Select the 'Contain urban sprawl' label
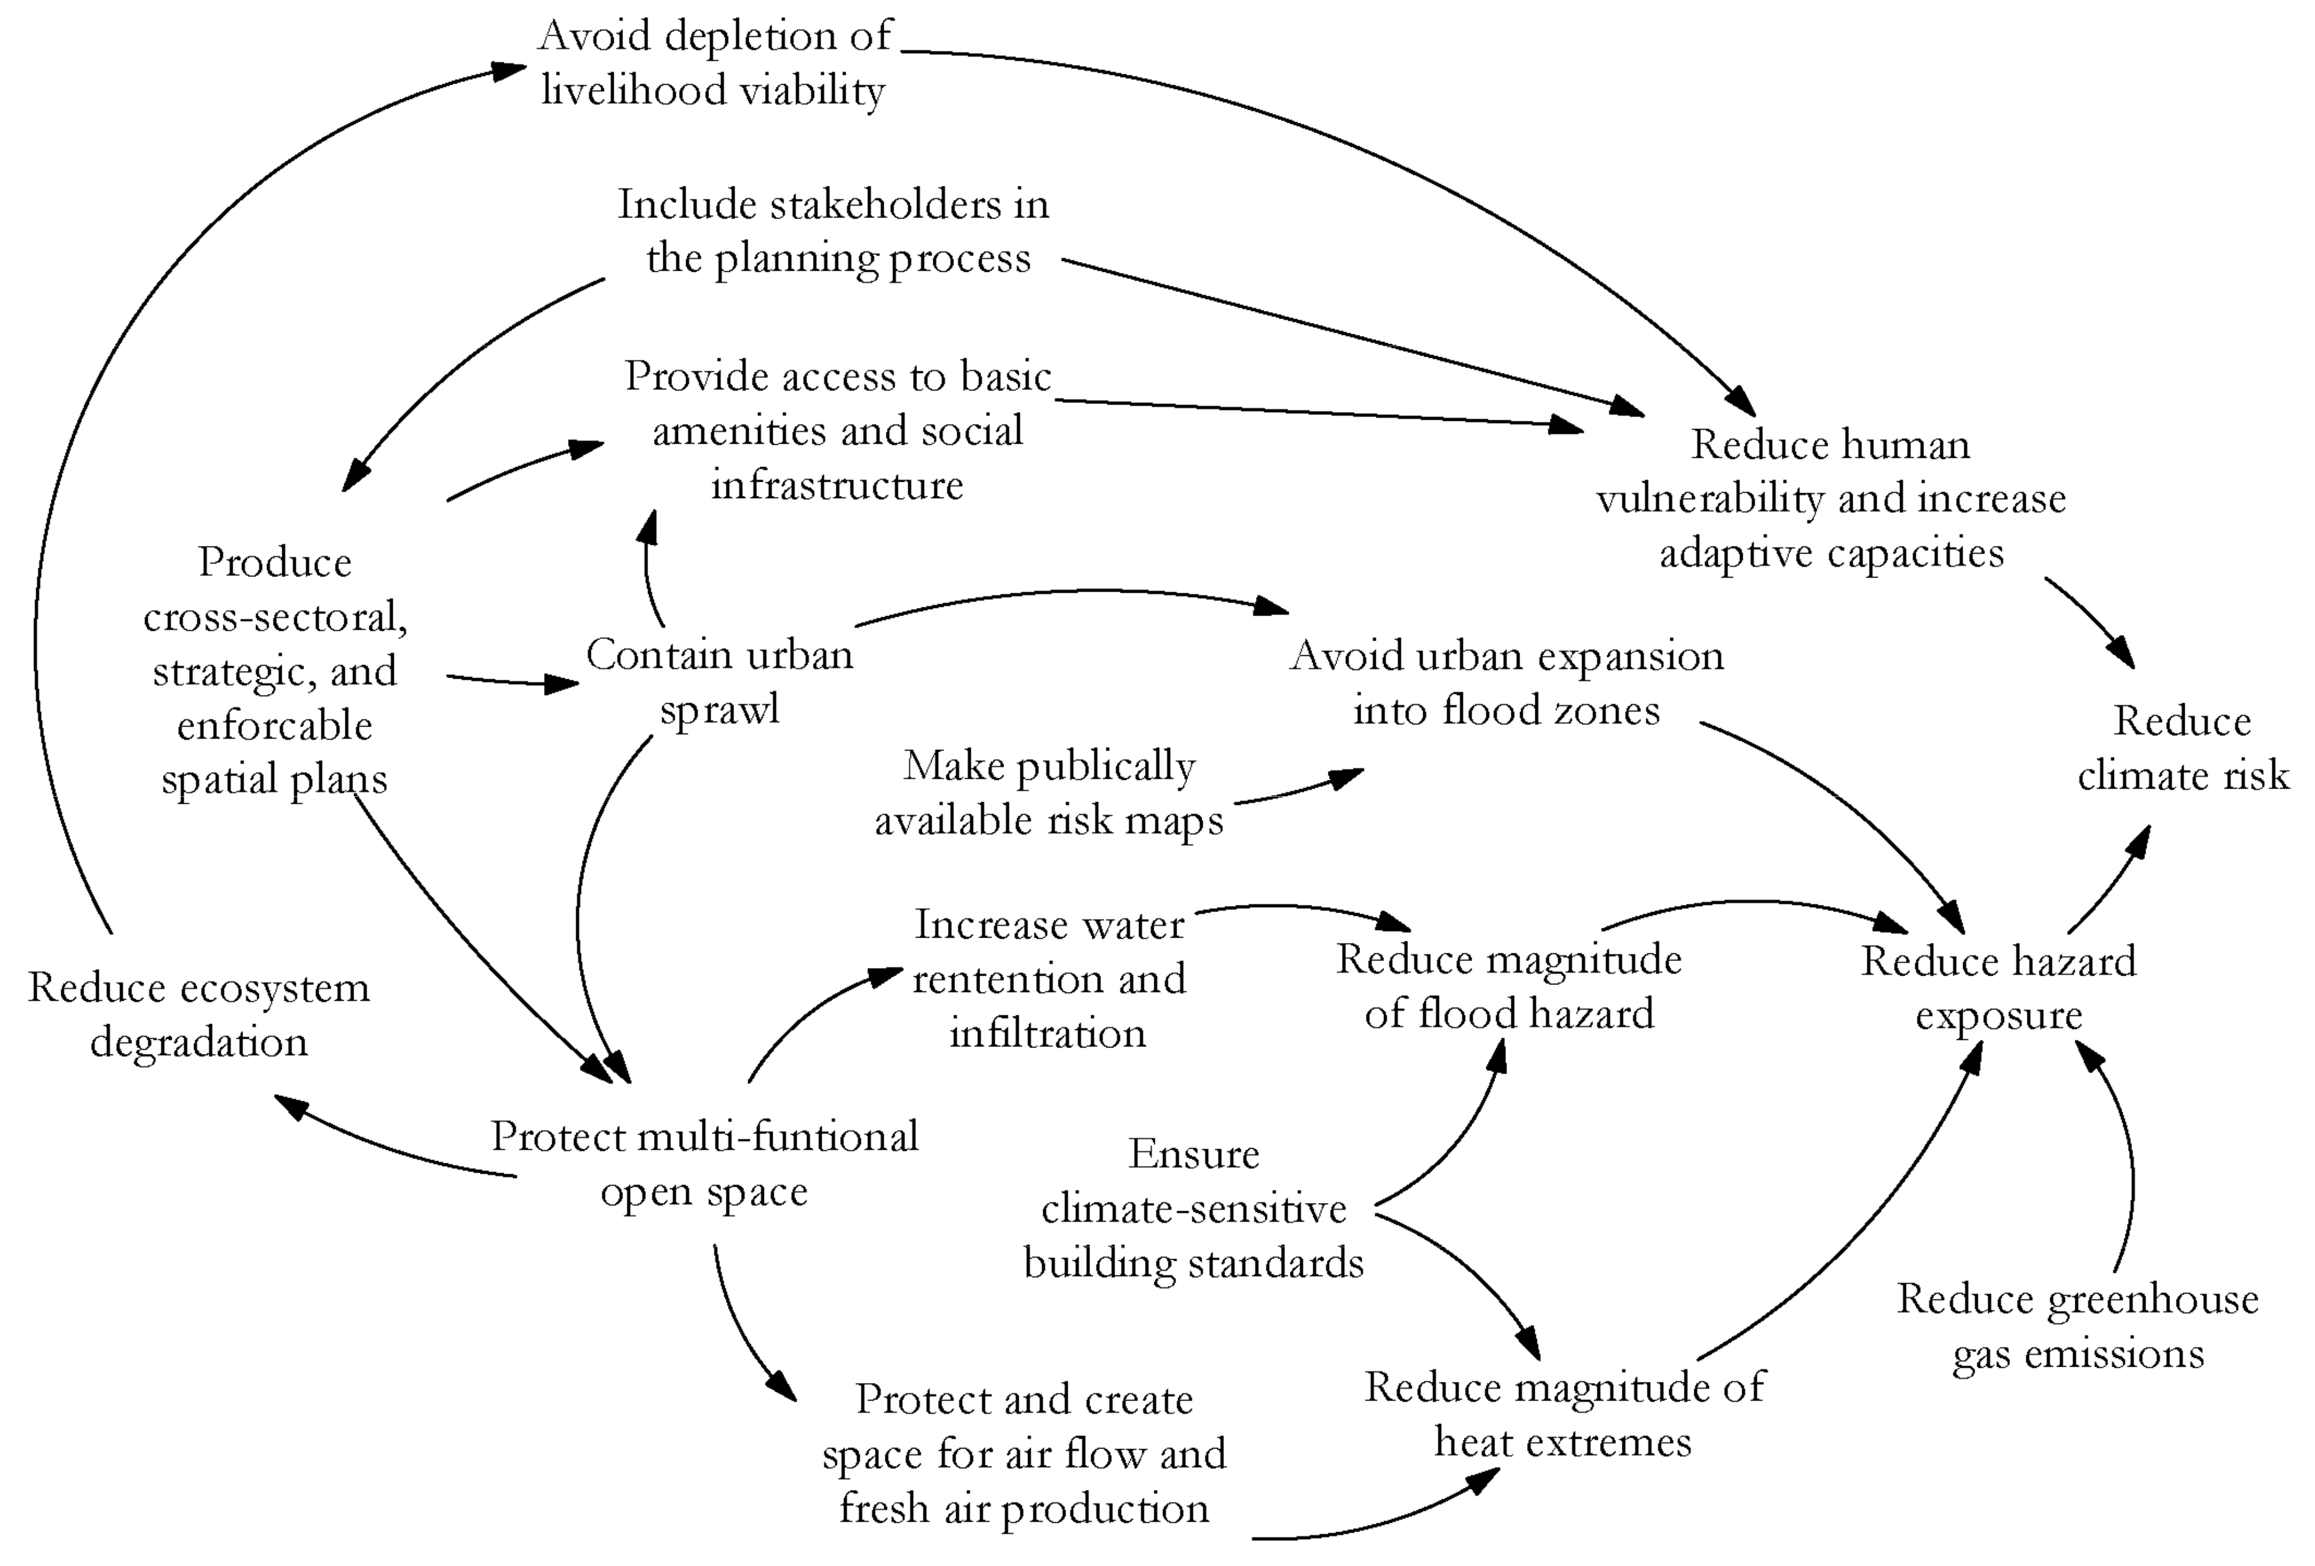[x=719, y=682]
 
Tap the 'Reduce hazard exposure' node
[x=1998, y=988]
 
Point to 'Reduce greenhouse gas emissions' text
[x=2077, y=1326]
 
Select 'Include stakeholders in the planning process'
[x=835, y=231]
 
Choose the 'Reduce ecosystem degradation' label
[x=199, y=1014]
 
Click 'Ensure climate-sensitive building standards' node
[x=1193, y=1208]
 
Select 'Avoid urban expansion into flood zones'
[x=1506, y=682]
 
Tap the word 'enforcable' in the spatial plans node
[x=275, y=725]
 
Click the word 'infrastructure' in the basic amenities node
[x=837, y=485]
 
